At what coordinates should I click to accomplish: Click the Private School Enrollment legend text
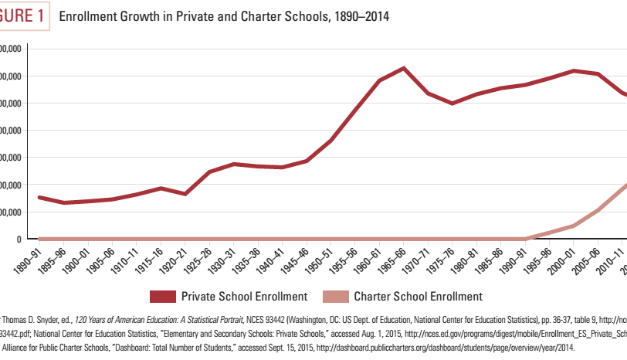244,296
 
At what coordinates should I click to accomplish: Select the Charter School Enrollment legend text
419,296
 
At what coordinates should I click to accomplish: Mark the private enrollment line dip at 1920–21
185,193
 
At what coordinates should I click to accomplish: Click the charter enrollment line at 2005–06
598,209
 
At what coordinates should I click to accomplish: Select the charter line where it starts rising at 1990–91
525,239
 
